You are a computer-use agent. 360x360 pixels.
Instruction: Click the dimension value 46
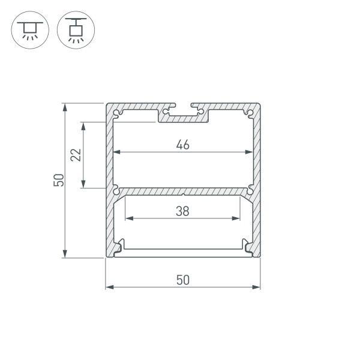[x=183, y=145]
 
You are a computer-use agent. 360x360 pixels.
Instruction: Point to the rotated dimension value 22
[x=76, y=155]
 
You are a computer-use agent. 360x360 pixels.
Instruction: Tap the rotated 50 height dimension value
[x=58, y=180]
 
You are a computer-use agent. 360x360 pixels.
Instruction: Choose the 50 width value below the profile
[x=183, y=280]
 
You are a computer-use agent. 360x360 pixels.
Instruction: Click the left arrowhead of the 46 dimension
[x=118, y=152]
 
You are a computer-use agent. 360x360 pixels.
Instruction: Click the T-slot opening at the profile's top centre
[x=183, y=110]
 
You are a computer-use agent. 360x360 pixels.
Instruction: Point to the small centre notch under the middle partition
[x=183, y=194]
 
